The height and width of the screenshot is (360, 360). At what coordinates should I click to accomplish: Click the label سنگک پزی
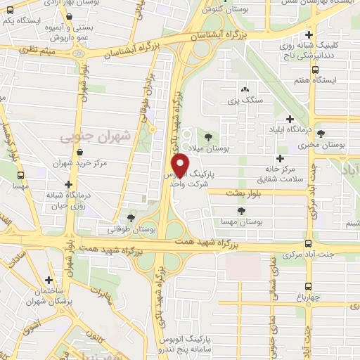(x=244, y=101)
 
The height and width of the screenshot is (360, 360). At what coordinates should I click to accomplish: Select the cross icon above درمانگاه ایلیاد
(x=290, y=119)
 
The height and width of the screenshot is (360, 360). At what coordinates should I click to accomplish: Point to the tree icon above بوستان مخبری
(x=321, y=134)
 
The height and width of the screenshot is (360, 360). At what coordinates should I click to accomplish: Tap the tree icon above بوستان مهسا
(x=240, y=210)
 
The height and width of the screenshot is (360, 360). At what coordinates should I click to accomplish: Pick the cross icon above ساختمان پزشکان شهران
(x=49, y=280)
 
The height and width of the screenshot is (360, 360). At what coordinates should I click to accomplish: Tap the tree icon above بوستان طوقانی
(x=131, y=218)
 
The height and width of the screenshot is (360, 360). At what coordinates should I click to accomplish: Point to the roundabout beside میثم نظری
(x=77, y=53)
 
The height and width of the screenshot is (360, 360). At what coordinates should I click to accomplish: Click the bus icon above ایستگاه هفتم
(x=314, y=70)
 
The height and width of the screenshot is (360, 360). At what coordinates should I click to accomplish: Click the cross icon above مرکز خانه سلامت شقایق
(x=280, y=158)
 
